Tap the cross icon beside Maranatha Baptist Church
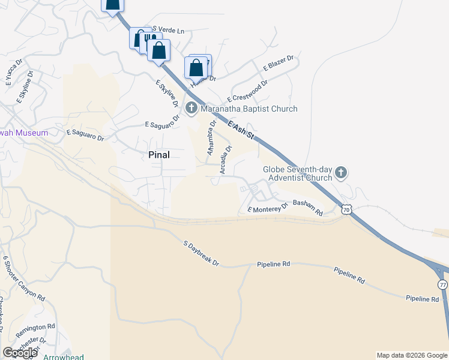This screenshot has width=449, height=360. pyautogui.click(x=191, y=109)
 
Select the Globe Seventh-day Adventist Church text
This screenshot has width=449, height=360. pyautogui.click(x=297, y=173)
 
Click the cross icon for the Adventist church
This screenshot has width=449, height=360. pyautogui.click(x=340, y=173)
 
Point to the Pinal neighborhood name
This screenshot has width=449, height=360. pyautogui.click(x=159, y=154)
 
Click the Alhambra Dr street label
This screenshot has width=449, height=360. pyautogui.click(x=211, y=137)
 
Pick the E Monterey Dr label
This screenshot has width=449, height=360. pyautogui.click(x=268, y=208)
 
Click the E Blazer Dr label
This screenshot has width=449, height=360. pyautogui.click(x=278, y=64)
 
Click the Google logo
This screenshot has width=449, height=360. pyautogui.click(x=20, y=353)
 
